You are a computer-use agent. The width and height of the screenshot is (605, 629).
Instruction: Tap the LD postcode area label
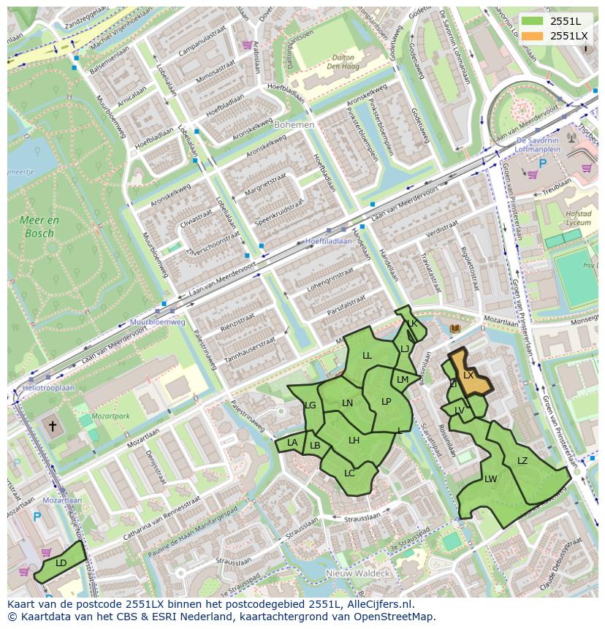[61, 563]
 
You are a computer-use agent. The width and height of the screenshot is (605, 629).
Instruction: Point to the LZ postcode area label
[522, 460]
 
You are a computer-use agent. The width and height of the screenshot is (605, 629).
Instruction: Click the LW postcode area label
[490, 479]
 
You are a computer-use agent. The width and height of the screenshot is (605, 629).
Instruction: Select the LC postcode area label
[349, 473]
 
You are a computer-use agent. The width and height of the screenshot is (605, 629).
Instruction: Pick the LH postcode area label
[354, 440]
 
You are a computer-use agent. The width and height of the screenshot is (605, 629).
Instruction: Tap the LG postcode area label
[310, 405]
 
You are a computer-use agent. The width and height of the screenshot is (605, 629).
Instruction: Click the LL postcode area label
[367, 356]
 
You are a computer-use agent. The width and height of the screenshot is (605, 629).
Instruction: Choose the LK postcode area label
[412, 324]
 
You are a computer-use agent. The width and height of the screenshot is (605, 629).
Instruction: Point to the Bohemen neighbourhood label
[294, 125]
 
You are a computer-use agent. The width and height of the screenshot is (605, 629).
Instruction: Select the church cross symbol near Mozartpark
[52, 425]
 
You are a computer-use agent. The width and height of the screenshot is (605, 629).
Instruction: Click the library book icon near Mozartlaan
[455, 329]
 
